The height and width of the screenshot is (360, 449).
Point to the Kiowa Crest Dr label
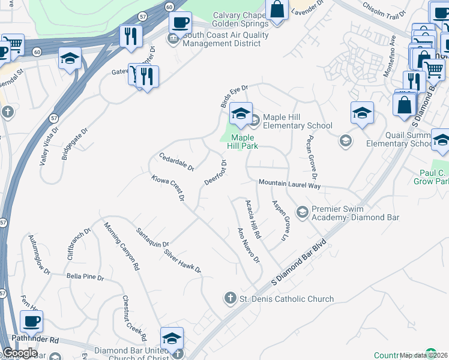click(167, 188)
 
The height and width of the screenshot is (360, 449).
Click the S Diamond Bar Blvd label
click(298, 261)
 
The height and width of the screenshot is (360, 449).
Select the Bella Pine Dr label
click(85, 278)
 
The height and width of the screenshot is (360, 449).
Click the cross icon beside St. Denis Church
click(229, 298)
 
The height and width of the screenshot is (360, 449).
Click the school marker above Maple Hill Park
click(241, 113)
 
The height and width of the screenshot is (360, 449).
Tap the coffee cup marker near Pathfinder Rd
click(31, 321)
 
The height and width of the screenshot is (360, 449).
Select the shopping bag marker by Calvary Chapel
click(277, 10)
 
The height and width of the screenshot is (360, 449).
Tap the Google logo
click(20, 352)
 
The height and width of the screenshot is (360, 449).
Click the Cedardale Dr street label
click(176, 161)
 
